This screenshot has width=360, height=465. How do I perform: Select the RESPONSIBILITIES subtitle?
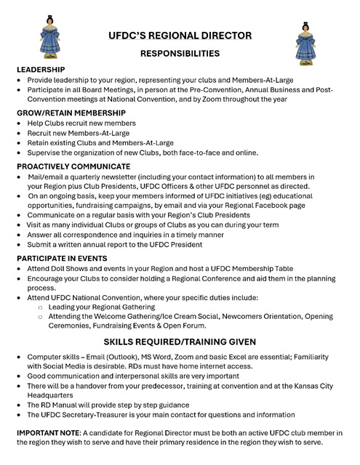(179, 53)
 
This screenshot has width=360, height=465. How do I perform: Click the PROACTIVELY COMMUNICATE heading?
(73, 166)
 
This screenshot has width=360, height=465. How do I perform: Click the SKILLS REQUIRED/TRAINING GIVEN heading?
(180, 341)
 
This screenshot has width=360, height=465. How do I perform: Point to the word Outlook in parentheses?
(128, 360)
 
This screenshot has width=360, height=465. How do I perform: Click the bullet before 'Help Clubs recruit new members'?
(18, 124)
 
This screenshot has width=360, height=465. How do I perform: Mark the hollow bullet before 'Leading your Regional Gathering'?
(40, 308)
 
